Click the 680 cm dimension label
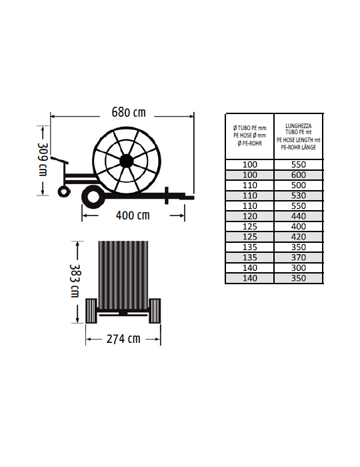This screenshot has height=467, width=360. coord(129,112)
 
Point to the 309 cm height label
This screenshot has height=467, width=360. coord(43,159)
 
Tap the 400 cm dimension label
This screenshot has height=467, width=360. coord(133,215)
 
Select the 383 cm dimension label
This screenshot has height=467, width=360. coord(75,281)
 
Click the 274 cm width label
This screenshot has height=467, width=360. coord(123,339)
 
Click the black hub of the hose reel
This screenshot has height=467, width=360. coord(127,161)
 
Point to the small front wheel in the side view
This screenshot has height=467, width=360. coord(64,191)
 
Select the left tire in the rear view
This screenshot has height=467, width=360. coord(91,311)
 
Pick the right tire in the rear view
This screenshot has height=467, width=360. coord(155,311)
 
